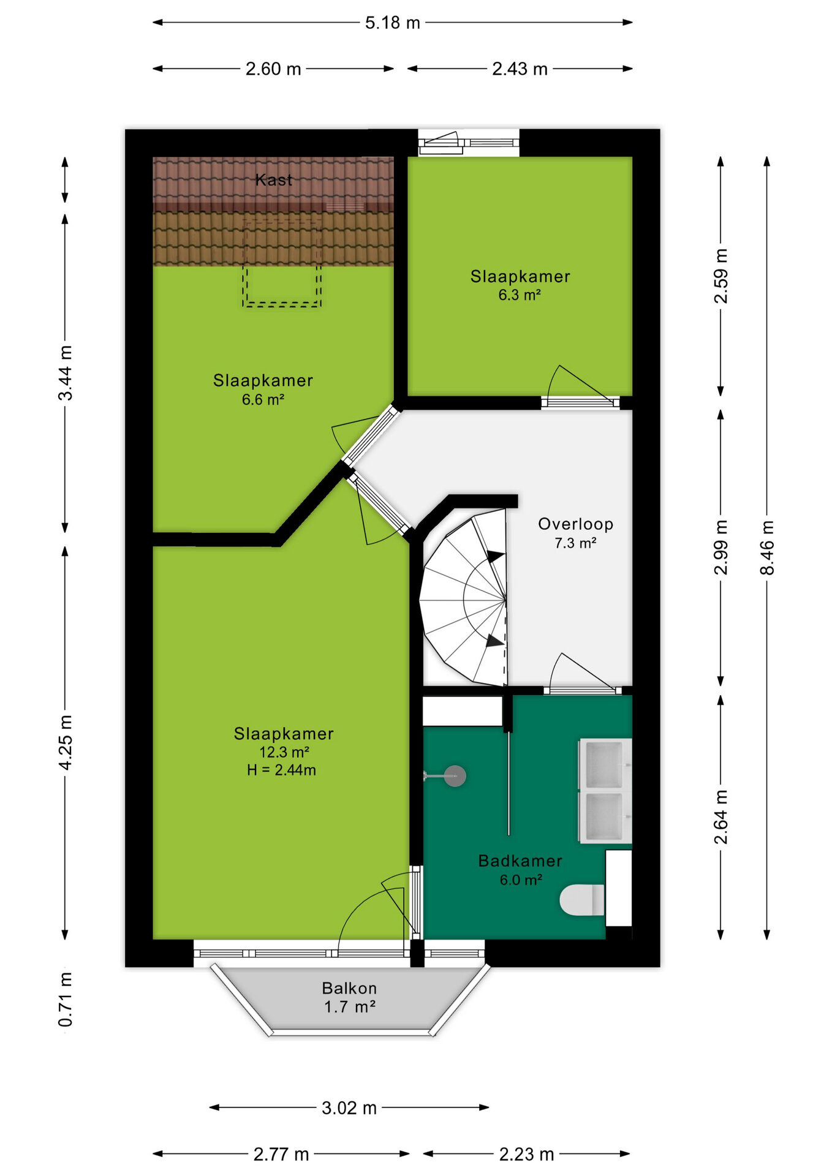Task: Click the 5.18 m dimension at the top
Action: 393,23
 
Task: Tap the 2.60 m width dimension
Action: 273,69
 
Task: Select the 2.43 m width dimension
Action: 520,69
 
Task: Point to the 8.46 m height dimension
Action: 767,548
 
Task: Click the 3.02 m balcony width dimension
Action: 349,1108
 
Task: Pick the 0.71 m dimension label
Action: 66,999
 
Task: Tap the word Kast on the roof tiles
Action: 274,179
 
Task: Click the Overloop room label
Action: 575,524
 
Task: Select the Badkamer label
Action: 520,861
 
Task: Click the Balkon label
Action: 349,988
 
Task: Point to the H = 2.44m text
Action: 282,770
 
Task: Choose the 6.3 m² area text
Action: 520,295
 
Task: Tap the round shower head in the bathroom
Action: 455,776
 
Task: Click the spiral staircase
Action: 464,597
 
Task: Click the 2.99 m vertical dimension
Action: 721,548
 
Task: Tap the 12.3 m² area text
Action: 284,752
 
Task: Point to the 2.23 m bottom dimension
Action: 526,1155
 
